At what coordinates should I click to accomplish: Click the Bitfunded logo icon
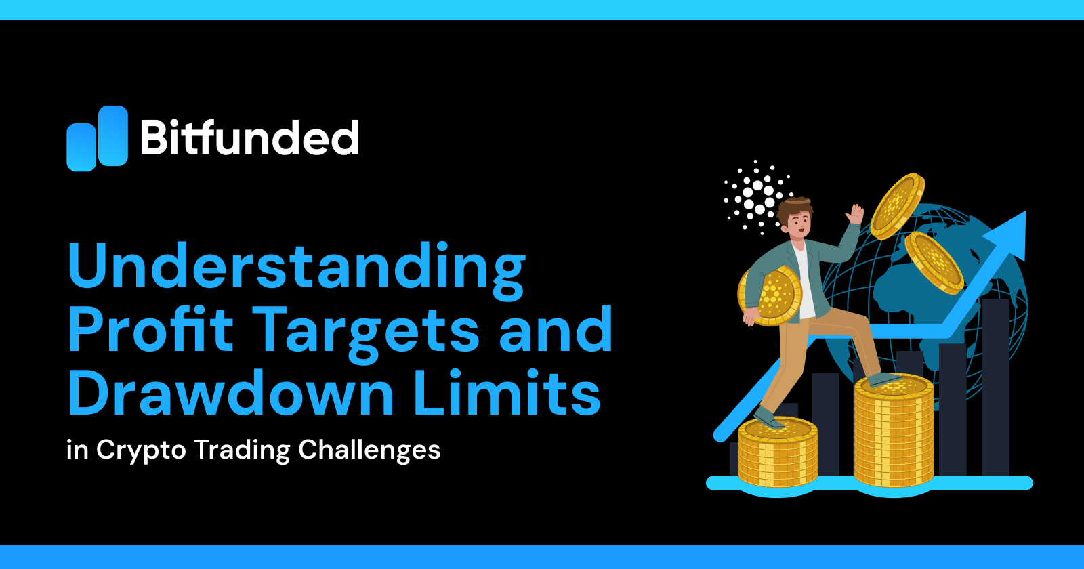click(x=97, y=138)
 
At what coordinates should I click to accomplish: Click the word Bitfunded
click(x=249, y=138)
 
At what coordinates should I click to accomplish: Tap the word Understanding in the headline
click(x=296, y=267)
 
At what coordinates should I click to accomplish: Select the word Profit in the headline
click(x=150, y=330)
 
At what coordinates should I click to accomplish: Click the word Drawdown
click(x=230, y=394)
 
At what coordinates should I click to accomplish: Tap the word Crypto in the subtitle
click(x=141, y=450)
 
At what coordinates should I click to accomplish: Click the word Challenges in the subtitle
click(x=369, y=450)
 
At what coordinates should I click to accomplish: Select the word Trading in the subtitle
click(x=242, y=450)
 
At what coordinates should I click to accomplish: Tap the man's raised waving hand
click(x=855, y=215)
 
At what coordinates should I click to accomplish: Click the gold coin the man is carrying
click(x=772, y=296)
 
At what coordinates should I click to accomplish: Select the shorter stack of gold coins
click(x=777, y=452)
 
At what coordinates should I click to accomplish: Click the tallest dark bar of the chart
click(x=995, y=386)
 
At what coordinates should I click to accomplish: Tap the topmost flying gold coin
click(x=897, y=206)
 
